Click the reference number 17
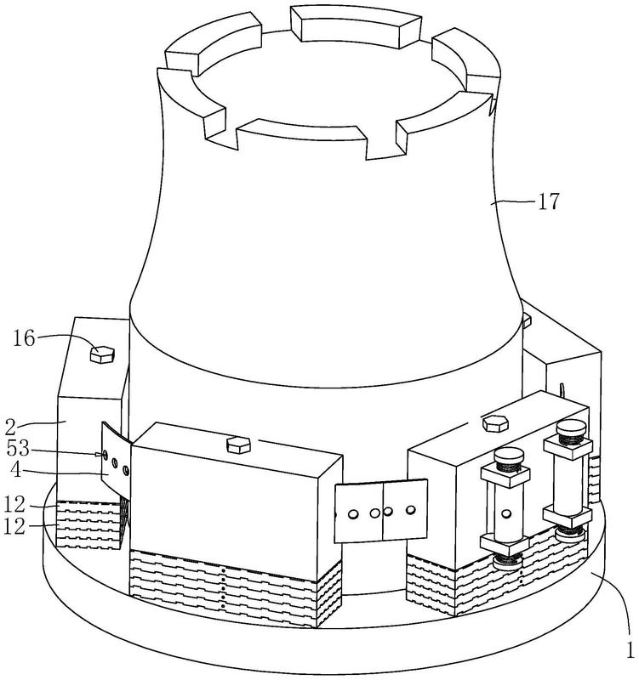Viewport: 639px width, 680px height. (x=549, y=201)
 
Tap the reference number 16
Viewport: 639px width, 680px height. (x=24, y=337)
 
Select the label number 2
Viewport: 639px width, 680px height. (x=10, y=428)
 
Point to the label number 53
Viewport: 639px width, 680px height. (x=18, y=449)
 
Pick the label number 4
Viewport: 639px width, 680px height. (x=16, y=470)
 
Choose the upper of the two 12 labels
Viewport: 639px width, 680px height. (x=14, y=504)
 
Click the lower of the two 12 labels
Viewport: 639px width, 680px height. (x=14, y=526)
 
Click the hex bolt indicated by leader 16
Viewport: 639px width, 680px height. (x=102, y=354)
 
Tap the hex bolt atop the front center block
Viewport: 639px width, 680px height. (x=238, y=445)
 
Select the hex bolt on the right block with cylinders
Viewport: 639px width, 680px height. (x=495, y=423)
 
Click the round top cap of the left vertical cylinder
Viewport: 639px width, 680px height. (x=509, y=456)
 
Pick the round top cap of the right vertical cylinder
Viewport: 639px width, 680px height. (x=571, y=428)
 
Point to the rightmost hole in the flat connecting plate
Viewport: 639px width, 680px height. (x=410, y=510)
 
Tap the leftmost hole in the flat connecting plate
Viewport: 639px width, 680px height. (x=353, y=514)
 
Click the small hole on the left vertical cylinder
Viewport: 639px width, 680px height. (x=505, y=514)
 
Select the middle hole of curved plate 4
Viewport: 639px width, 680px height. (x=115, y=463)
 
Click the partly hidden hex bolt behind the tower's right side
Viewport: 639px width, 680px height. (x=527, y=321)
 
